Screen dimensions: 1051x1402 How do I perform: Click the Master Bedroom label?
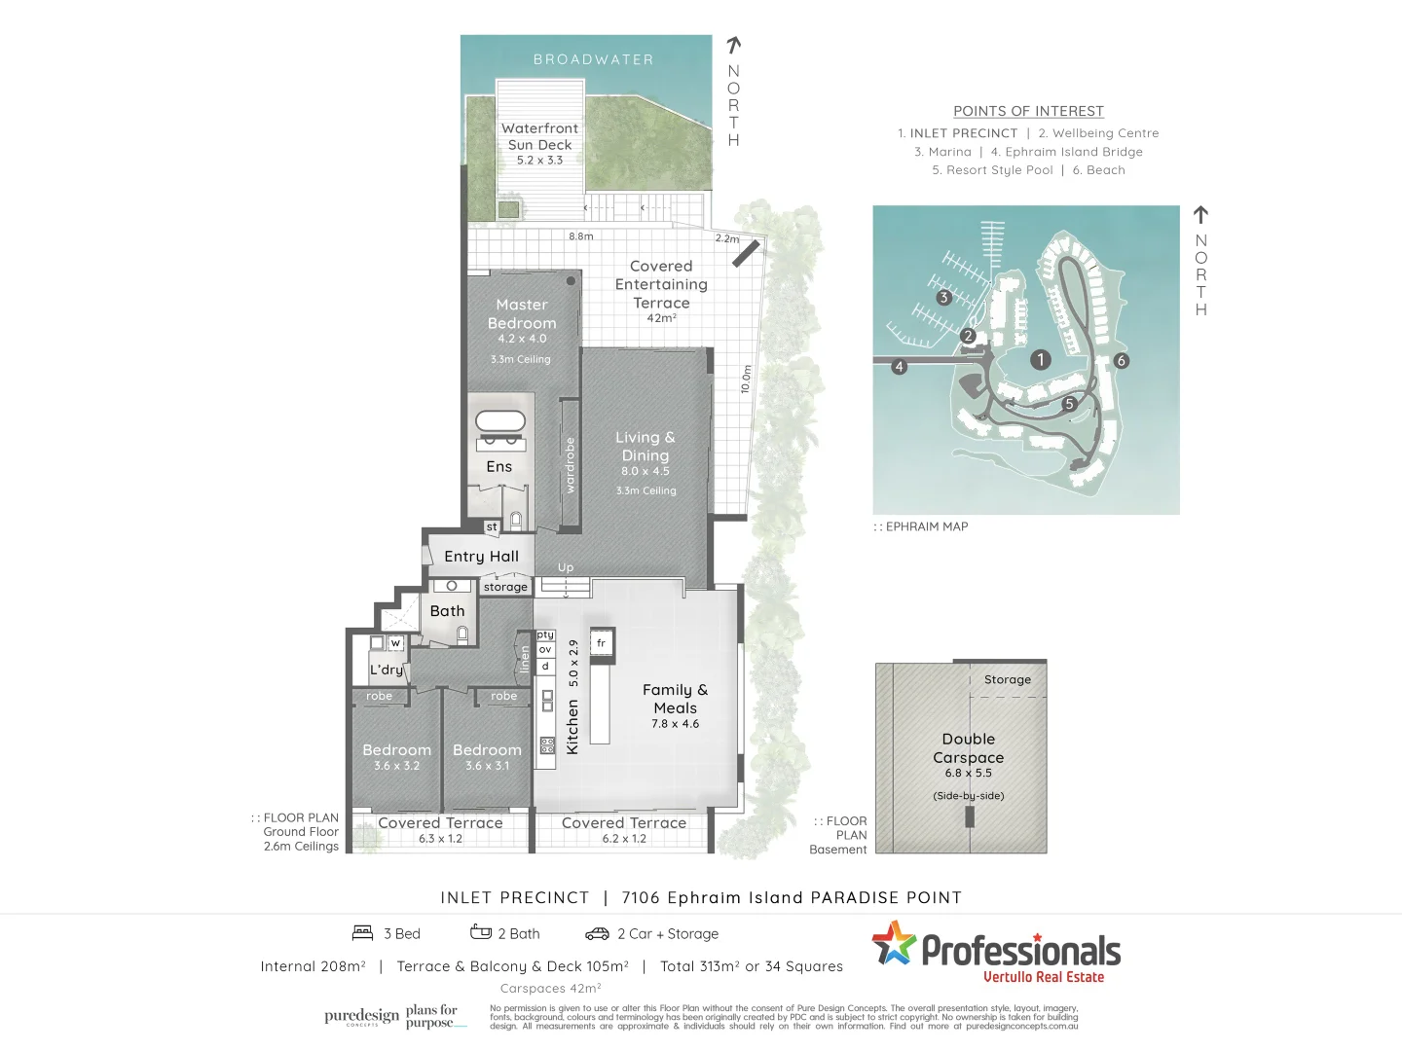click(x=522, y=314)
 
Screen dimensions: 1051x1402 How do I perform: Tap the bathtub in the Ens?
click(x=500, y=422)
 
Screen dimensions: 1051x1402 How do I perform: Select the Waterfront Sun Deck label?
click(x=539, y=136)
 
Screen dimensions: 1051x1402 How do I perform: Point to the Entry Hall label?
click(x=481, y=557)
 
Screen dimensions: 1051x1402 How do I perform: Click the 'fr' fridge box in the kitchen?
click(x=602, y=643)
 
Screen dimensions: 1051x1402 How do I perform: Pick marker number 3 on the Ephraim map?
click(x=943, y=298)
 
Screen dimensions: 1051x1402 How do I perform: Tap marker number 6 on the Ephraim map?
click(x=1121, y=361)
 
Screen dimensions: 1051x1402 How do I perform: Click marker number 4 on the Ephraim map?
click(x=899, y=367)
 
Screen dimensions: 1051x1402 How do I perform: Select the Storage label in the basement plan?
click(x=1007, y=680)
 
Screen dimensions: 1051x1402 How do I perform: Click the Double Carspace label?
click(x=968, y=748)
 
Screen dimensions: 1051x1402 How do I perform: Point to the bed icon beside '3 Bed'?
click(x=363, y=933)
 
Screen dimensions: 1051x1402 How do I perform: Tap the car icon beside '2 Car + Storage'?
click(x=597, y=934)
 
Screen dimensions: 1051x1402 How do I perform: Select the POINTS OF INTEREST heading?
click(x=1028, y=111)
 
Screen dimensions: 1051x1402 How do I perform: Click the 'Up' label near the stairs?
click(x=566, y=567)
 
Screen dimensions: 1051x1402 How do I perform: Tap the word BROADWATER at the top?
click(x=593, y=59)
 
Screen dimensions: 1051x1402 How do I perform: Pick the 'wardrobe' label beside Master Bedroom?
click(x=571, y=465)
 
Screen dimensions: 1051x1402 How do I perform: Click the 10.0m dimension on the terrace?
click(x=746, y=380)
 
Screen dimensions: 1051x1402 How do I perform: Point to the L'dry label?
click(x=387, y=670)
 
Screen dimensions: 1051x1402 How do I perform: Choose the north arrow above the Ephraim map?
click(x=1200, y=214)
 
